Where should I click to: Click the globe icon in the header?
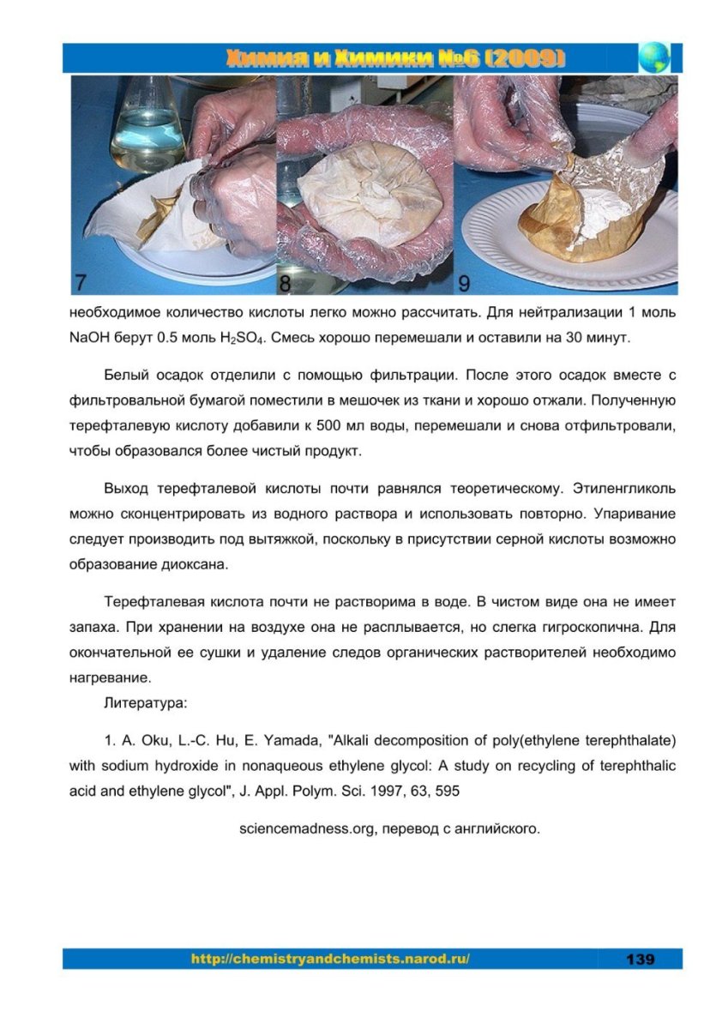pyautogui.click(x=655, y=57)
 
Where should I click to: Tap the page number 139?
pyautogui.click(x=640, y=959)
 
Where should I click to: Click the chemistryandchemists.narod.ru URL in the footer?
pyautogui.click(x=330, y=959)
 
